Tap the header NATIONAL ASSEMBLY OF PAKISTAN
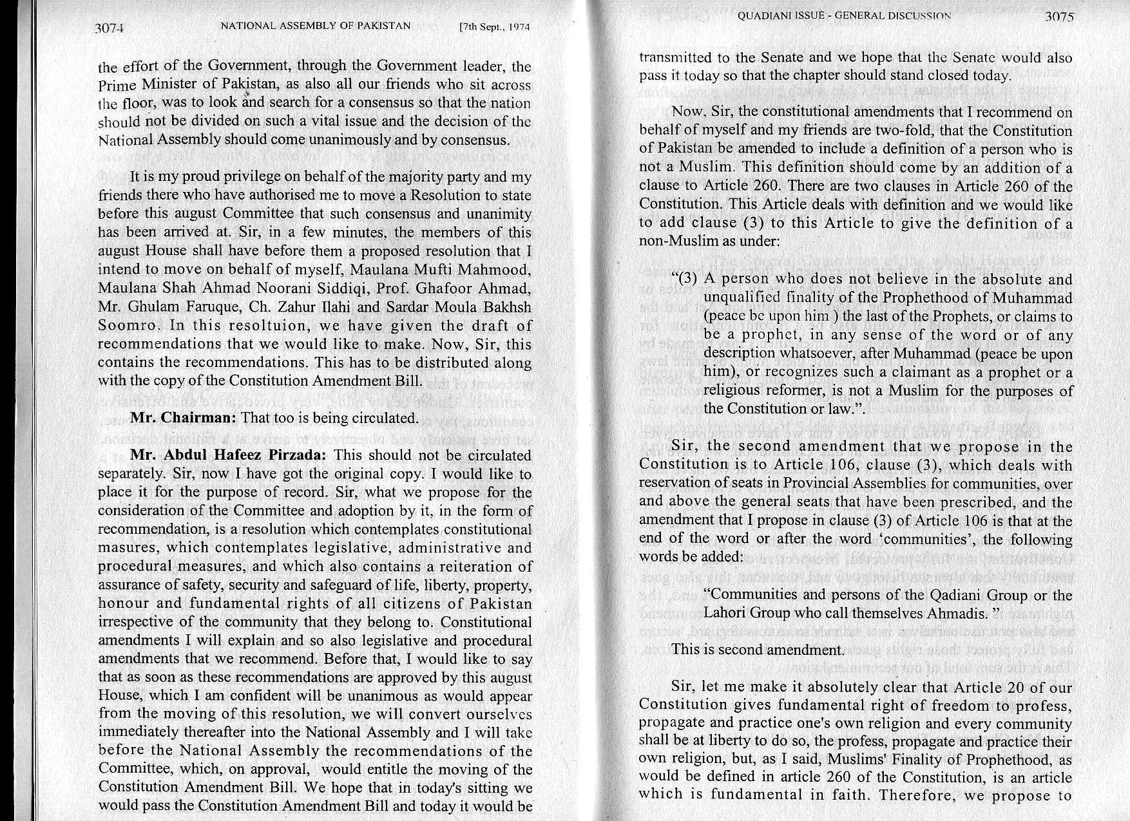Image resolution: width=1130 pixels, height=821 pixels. coord(315,26)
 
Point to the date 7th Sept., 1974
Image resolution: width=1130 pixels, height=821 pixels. coord(494,28)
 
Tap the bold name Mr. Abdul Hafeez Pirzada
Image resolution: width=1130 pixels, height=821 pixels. coord(229,455)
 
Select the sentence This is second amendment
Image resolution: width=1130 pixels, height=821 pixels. coord(757,649)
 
